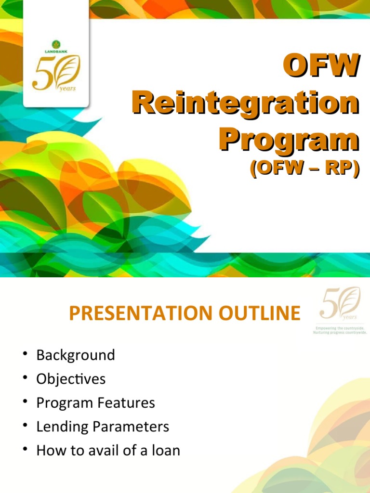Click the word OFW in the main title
[320, 65]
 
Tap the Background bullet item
[76, 355]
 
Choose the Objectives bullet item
[71, 379]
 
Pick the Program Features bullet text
[96, 403]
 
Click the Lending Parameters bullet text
[103, 427]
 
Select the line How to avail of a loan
[108, 451]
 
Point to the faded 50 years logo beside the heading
[340, 303]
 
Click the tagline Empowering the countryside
[340, 327]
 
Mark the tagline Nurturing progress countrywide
[340, 332]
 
